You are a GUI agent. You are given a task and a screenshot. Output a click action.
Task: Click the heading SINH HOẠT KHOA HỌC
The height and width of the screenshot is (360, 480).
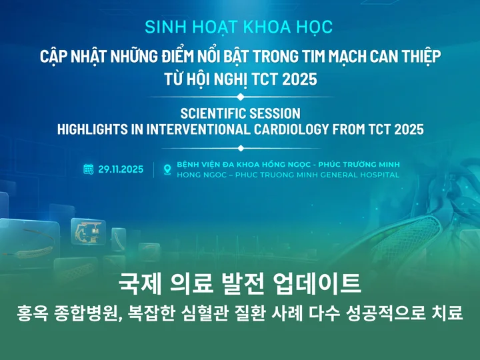pyautogui.click(x=239, y=27)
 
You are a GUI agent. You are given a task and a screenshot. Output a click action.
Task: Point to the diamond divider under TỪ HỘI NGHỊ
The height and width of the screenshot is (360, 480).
pyautogui.click(x=241, y=97)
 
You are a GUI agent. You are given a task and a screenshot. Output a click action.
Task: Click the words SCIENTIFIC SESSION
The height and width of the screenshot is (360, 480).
pyautogui.click(x=240, y=113)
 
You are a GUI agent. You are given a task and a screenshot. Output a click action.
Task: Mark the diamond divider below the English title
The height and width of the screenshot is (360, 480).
pyautogui.click(x=241, y=149)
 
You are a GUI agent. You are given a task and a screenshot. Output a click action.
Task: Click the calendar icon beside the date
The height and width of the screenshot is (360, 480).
pyautogui.click(x=89, y=169)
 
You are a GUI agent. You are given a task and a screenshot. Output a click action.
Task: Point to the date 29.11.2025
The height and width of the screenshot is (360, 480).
pyautogui.click(x=121, y=169)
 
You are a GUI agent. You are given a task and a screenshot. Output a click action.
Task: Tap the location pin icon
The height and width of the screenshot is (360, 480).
pyautogui.click(x=167, y=169)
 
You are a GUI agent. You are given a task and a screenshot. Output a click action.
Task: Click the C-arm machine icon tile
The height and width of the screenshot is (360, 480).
pyautogui.click(x=88, y=231)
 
